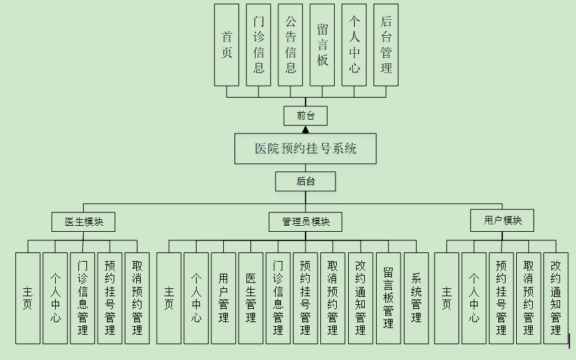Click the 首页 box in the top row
point(227,45)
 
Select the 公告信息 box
point(290,45)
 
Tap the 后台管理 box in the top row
point(386,45)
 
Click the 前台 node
point(306,116)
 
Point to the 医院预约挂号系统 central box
point(306,148)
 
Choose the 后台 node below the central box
point(306,181)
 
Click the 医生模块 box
point(83,222)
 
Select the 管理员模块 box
point(306,222)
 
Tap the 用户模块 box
point(502,220)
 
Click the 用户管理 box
point(223,298)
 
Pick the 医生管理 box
point(250,298)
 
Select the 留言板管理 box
point(389,298)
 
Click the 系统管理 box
point(416,298)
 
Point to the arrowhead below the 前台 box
point(306,130)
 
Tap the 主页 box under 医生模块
point(28,298)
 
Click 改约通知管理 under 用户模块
point(555,298)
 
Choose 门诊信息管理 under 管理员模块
point(278,298)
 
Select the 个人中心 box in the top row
point(354,45)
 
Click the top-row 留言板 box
point(322,45)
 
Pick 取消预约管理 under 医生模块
point(137,298)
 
